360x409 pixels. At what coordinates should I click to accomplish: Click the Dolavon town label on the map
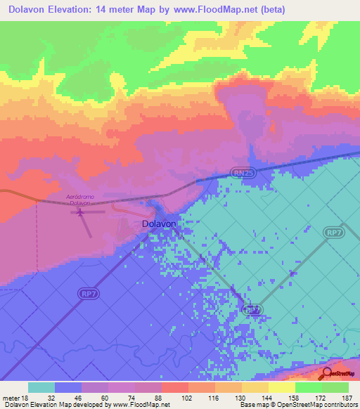click(x=158, y=223)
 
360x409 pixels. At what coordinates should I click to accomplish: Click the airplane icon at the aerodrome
click(x=79, y=210)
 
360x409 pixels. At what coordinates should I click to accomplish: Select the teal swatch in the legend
click(x=41, y=387)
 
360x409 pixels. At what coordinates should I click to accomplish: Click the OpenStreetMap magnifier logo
click(x=328, y=373)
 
